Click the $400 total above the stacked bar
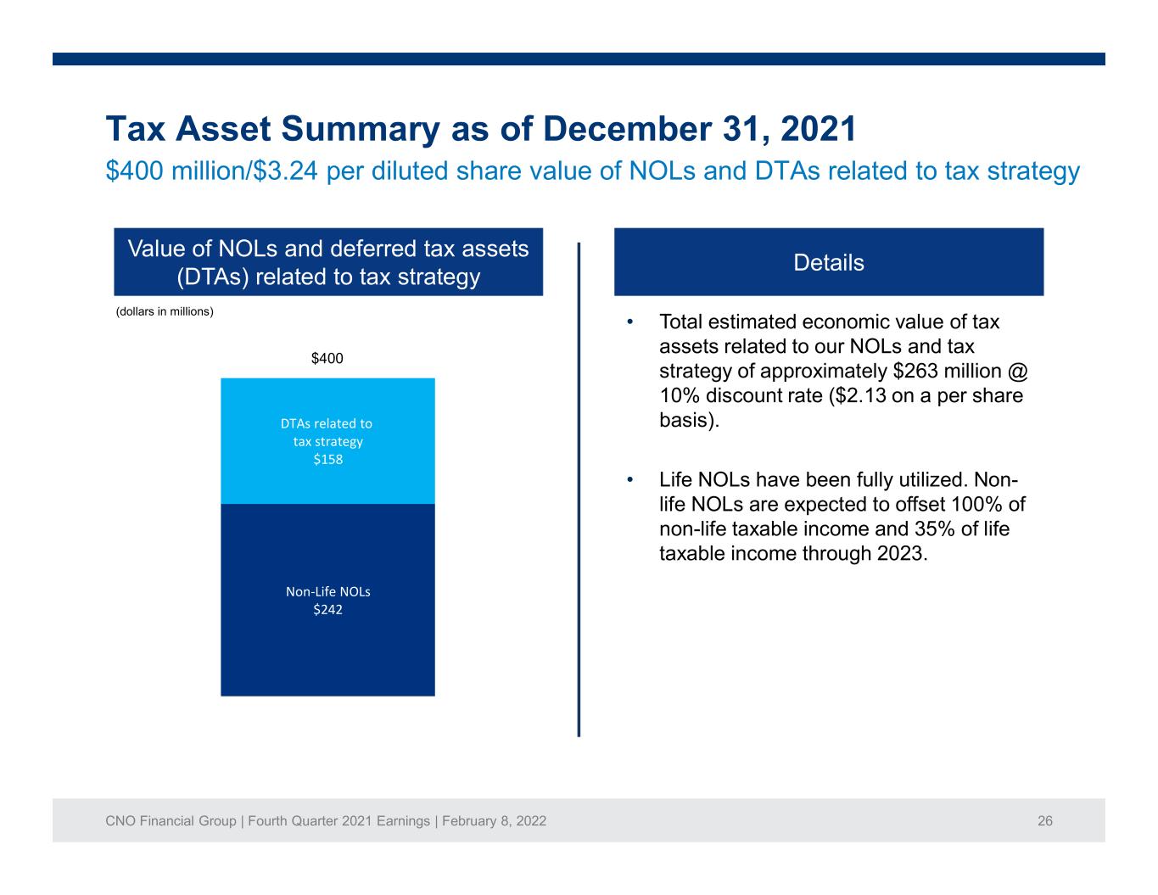point(327,358)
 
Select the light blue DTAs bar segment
point(327,441)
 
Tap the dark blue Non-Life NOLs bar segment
point(327,600)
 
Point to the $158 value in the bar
point(327,459)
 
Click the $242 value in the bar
point(327,609)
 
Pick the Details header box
point(829,262)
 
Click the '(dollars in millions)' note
point(165,311)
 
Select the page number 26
point(1045,821)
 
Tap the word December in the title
point(627,129)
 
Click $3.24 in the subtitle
point(285,171)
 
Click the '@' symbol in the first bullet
point(1017,372)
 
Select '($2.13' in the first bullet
point(858,396)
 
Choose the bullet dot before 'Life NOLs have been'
point(629,480)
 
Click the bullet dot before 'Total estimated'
point(629,322)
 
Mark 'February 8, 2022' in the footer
point(494,821)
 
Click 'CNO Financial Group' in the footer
point(171,821)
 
